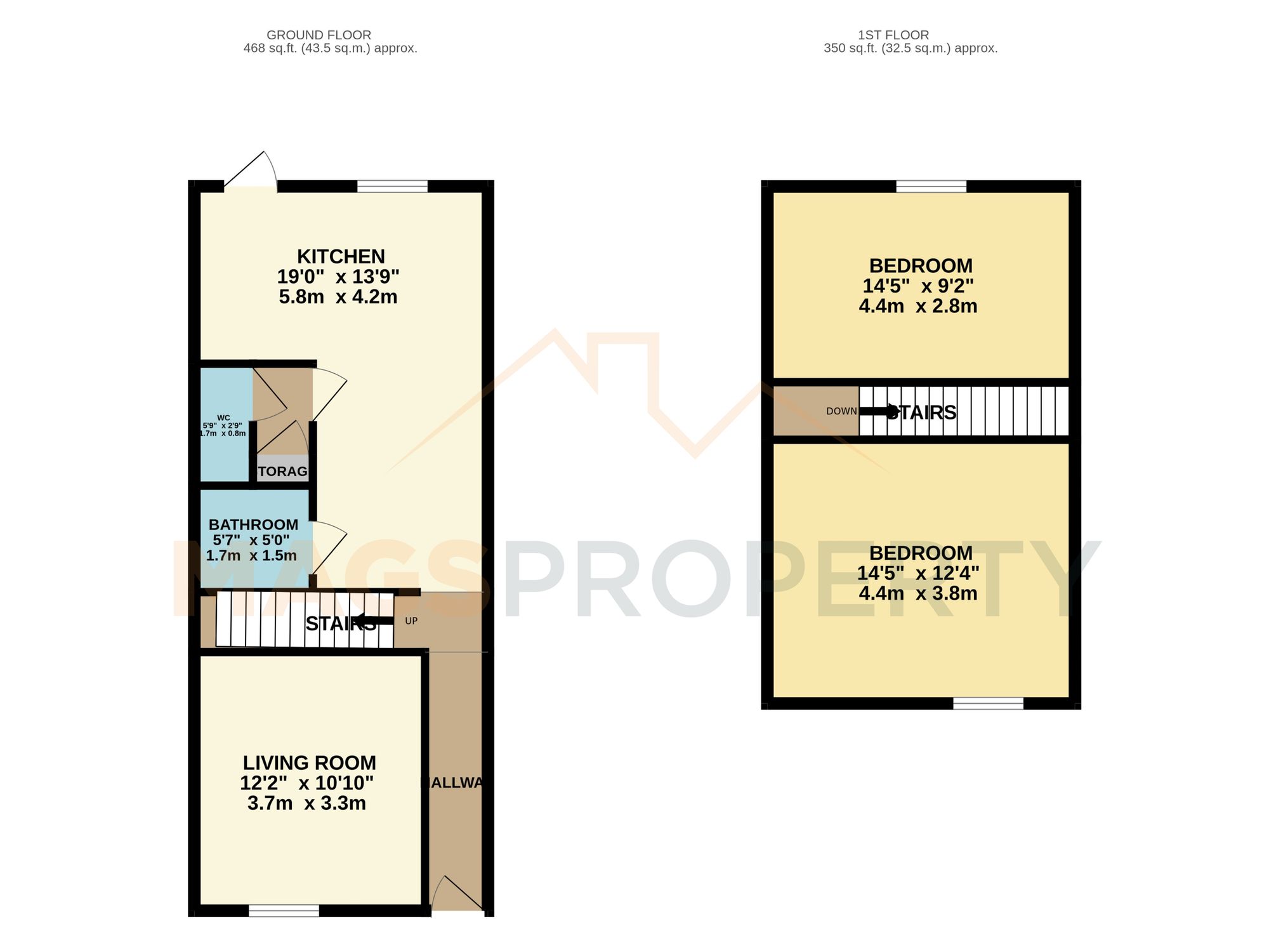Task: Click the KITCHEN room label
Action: click(341, 256)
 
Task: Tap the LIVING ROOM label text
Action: click(309, 763)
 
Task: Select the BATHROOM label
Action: click(253, 525)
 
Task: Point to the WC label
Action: click(223, 418)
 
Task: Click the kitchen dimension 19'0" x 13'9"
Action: click(338, 277)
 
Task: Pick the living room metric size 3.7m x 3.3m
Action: click(306, 803)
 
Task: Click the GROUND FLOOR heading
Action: click(319, 35)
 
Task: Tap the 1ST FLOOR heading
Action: click(893, 35)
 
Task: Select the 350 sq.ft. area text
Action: click(910, 48)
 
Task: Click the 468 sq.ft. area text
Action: click(330, 48)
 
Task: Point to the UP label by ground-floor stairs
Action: click(411, 621)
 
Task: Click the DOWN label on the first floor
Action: click(841, 411)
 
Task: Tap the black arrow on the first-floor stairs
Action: click(879, 411)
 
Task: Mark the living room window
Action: click(284, 911)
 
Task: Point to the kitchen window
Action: click(392, 186)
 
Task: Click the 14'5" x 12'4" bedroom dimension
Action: click(917, 573)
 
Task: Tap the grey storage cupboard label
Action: click(282, 471)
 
